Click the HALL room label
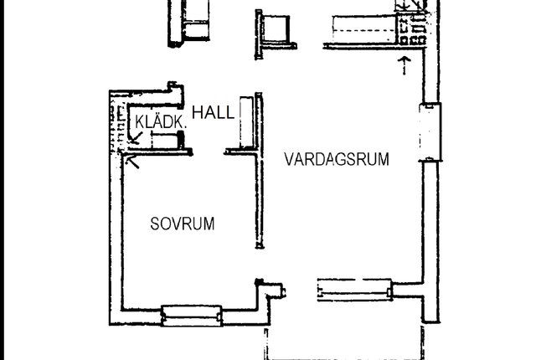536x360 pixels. [214, 112]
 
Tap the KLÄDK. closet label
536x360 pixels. [161, 122]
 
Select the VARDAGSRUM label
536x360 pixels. [337, 159]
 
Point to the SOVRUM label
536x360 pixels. [183, 224]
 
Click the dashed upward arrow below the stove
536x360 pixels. [405, 65]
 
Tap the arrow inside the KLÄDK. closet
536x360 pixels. [136, 137]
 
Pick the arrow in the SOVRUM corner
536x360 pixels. [132, 162]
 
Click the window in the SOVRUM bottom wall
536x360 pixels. [192, 316]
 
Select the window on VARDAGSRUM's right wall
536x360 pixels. [430, 131]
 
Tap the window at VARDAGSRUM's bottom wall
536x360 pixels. [355, 290]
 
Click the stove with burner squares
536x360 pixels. [412, 29]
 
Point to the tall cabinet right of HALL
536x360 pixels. [246, 122]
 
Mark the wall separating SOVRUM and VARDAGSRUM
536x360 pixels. [260, 170]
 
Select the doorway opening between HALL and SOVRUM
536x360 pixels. [209, 152]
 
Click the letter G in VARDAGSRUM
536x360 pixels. [327, 159]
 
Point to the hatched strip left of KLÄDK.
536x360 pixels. [116, 128]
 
